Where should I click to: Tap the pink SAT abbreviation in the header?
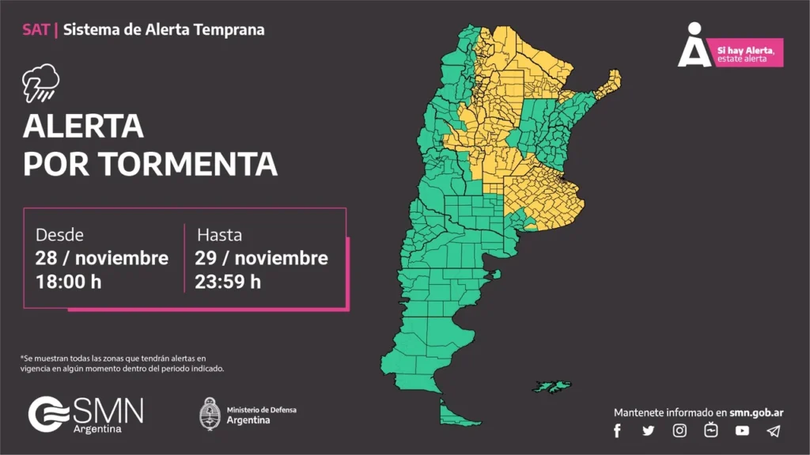click(36, 30)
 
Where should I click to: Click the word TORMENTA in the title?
click(188, 164)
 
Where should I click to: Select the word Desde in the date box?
click(59, 235)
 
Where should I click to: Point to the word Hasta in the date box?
click(219, 235)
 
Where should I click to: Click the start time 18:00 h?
click(68, 281)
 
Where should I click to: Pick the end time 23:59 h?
click(228, 281)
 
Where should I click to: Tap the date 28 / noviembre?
click(101, 258)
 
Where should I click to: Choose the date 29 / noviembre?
click(261, 258)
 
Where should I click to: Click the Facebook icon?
click(617, 430)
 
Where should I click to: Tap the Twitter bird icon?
click(649, 430)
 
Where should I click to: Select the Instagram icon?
click(679, 430)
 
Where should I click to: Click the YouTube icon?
click(742, 430)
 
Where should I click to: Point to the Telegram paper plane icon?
click(774, 430)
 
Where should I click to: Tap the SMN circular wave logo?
click(50, 414)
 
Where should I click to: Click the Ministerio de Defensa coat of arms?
click(210, 414)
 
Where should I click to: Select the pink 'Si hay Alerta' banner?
click(748, 53)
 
